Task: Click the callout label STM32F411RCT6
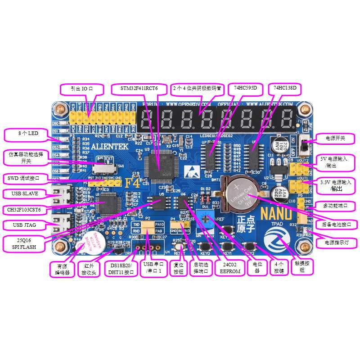tap(139, 89)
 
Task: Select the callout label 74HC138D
tap(285, 89)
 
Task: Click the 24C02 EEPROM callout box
tap(230, 268)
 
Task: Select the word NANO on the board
tap(276, 213)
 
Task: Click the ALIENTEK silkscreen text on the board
tap(110, 146)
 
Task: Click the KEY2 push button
tap(248, 247)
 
